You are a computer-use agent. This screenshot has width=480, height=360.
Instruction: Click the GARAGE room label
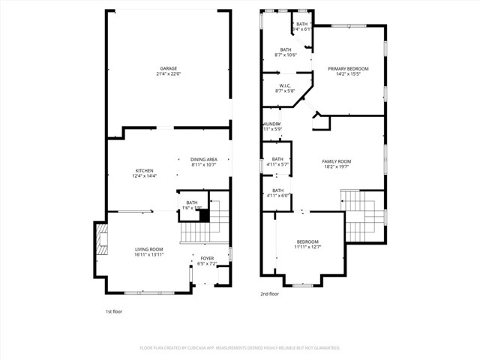168,68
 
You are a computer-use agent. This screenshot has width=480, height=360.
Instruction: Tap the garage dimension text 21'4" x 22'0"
168,73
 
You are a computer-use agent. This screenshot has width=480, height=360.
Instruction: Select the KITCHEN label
144,171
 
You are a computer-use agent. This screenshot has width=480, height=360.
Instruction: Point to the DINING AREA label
203,159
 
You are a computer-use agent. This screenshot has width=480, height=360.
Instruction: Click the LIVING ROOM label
148,249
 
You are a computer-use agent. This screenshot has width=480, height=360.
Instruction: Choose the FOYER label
206,259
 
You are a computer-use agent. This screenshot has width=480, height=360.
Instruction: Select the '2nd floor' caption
269,295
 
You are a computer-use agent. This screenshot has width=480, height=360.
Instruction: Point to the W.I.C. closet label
285,85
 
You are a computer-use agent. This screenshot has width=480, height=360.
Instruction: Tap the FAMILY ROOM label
337,161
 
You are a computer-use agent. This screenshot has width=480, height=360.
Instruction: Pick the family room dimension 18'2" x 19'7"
337,166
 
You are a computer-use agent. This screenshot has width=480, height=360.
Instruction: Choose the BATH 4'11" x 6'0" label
278,193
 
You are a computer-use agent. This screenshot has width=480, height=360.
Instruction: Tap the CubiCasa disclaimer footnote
240,348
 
